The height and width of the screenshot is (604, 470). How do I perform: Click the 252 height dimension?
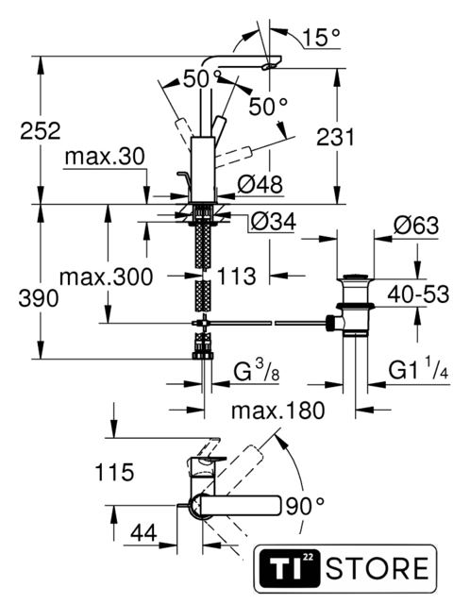[41, 130]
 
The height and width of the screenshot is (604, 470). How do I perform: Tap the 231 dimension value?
[335, 137]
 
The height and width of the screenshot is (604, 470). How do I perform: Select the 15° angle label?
[321, 38]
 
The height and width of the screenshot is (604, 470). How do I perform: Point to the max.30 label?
[105, 157]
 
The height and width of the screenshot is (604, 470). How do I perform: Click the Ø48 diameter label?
[260, 184]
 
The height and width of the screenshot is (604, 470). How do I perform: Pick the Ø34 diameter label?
[274, 221]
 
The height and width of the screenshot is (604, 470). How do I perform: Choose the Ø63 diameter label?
[416, 225]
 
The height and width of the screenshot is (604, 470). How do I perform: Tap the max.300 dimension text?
[107, 277]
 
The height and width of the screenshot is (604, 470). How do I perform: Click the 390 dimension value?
[39, 298]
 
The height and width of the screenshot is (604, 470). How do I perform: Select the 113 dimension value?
[237, 277]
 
